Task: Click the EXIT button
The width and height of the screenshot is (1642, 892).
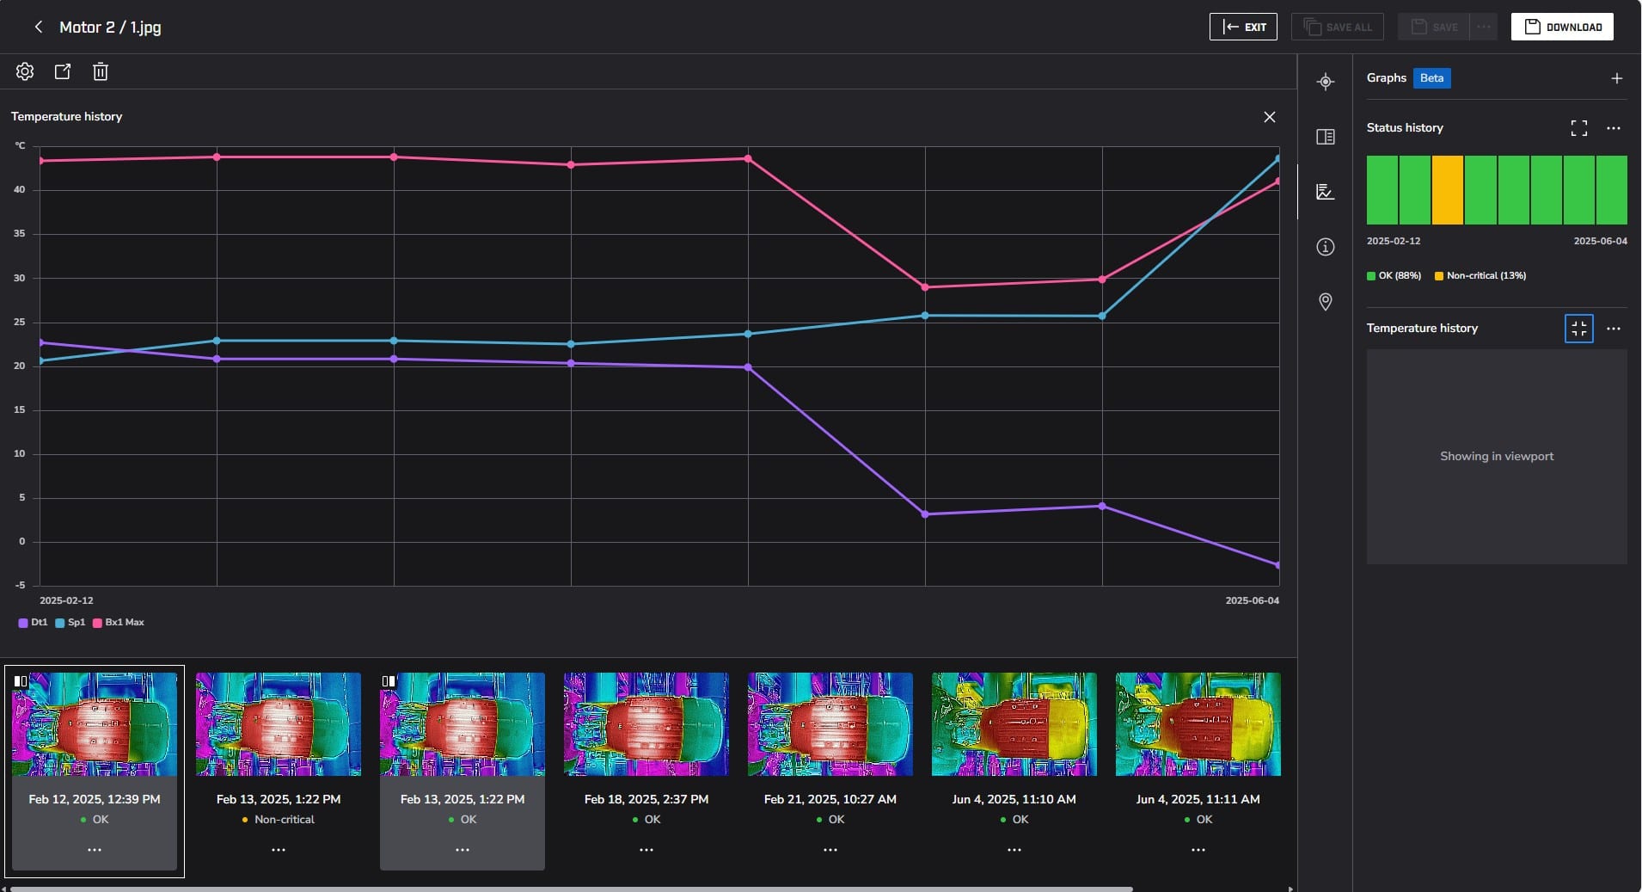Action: click(1242, 27)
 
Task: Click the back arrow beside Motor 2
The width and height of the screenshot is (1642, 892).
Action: click(38, 27)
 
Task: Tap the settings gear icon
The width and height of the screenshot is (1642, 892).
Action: click(25, 71)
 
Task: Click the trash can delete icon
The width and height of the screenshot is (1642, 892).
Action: click(101, 71)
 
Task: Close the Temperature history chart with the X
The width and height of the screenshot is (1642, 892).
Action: click(1269, 117)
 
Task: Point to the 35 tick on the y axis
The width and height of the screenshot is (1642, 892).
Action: click(20, 234)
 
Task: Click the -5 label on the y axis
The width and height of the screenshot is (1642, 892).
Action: click(20, 586)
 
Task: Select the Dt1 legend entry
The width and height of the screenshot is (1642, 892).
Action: click(34, 622)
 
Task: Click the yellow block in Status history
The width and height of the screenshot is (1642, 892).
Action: click(1448, 190)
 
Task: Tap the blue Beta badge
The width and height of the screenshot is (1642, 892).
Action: click(1431, 78)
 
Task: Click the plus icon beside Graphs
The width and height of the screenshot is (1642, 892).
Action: click(1616, 78)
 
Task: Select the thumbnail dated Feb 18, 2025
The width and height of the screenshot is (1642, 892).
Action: click(646, 724)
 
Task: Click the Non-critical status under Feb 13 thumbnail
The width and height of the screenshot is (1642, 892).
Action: click(284, 820)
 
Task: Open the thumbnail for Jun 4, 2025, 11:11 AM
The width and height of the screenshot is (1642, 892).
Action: click(1198, 724)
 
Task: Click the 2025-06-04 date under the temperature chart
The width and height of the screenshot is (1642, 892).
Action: click(1252, 600)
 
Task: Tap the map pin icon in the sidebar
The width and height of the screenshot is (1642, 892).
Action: click(1326, 302)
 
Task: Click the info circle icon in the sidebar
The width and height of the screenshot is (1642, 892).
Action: click(1326, 247)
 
